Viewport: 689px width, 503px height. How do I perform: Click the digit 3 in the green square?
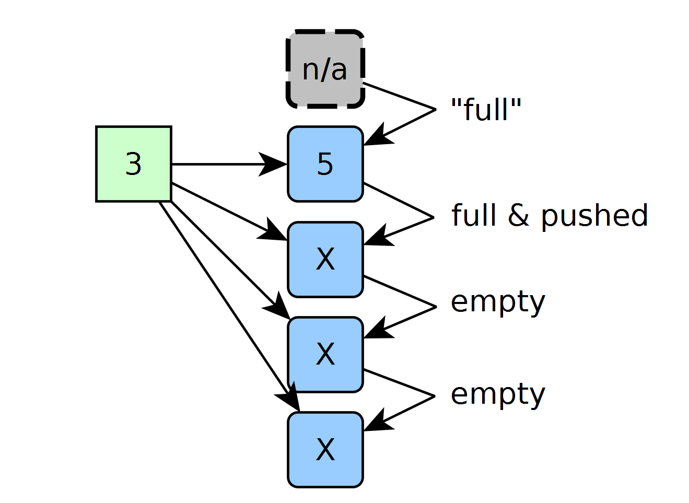(134, 164)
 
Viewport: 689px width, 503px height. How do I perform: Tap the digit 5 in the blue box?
(325, 164)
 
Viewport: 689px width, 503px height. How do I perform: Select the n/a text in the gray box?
(325, 70)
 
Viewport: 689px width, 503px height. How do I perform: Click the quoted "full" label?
(486, 109)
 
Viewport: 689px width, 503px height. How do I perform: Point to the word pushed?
(594, 216)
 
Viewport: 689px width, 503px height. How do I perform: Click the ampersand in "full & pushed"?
(518, 215)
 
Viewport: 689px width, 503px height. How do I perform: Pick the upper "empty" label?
(498, 303)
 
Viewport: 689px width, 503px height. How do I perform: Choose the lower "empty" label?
(498, 396)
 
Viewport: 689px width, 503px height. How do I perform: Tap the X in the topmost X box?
(325, 259)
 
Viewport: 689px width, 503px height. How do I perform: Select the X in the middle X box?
(325, 354)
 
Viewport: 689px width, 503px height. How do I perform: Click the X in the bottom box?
(325, 449)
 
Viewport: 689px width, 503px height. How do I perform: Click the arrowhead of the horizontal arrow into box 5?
(273, 164)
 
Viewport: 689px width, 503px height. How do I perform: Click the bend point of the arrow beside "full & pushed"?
(433, 217)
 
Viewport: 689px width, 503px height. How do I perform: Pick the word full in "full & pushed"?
(474, 215)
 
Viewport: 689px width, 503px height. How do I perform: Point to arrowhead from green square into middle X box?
(276, 306)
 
